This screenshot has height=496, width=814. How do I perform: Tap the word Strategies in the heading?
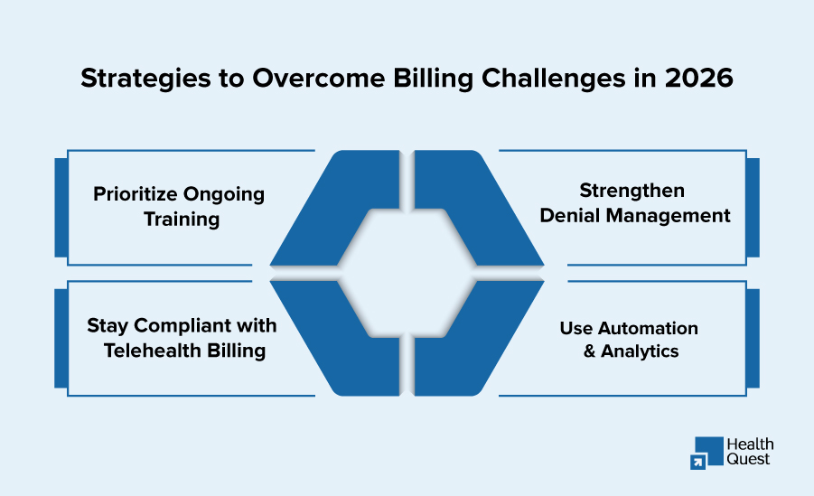(146, 79)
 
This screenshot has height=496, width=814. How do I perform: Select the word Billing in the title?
(433, 79)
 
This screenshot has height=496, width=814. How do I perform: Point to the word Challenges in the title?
(554, 79)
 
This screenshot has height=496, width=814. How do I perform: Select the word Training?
(182, 220)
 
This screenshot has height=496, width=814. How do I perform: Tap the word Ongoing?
(224, 195)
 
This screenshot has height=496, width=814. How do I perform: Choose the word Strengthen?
(632, 192)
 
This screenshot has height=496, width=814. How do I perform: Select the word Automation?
(648, 328)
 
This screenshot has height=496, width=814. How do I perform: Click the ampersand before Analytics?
(589, 351)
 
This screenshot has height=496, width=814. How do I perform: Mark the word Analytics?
(640, 351)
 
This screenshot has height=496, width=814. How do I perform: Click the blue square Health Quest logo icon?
(706, 453)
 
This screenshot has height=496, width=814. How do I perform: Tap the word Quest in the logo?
(748, 460)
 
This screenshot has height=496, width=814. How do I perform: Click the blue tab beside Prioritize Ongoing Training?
(61, 208)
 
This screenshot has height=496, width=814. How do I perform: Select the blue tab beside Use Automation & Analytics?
(753, 339)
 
